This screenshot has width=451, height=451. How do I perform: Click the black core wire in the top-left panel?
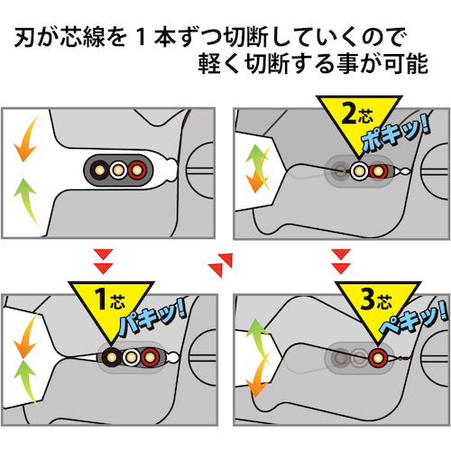[x=99, y=170]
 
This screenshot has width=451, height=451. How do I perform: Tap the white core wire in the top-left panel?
[x=118, y=170]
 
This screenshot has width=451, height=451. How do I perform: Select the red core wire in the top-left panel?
[x=137, y=170]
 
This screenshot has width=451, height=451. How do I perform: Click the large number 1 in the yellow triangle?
[x=101, y=299]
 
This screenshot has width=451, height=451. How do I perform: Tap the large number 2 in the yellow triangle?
[x=349, y=113]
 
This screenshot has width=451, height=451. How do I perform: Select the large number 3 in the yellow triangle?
[x=368, y=299]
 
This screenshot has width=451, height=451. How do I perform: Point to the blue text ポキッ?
[x=394, y=133]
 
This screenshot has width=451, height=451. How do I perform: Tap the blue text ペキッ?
[x=413, y=318]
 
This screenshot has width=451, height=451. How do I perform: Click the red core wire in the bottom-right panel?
[x=378, y=357]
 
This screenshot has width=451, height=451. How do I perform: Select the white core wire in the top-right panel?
[x=359, y=170]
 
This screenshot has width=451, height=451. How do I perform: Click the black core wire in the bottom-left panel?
[x=112, y=357]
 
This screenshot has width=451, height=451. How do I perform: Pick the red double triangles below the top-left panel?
[x=103, y=262]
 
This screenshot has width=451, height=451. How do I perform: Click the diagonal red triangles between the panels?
[x=220, y=264]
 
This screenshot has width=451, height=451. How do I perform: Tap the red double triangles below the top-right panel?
[x=341, y=262]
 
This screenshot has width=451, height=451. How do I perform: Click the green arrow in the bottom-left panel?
[x=26, y=382]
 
